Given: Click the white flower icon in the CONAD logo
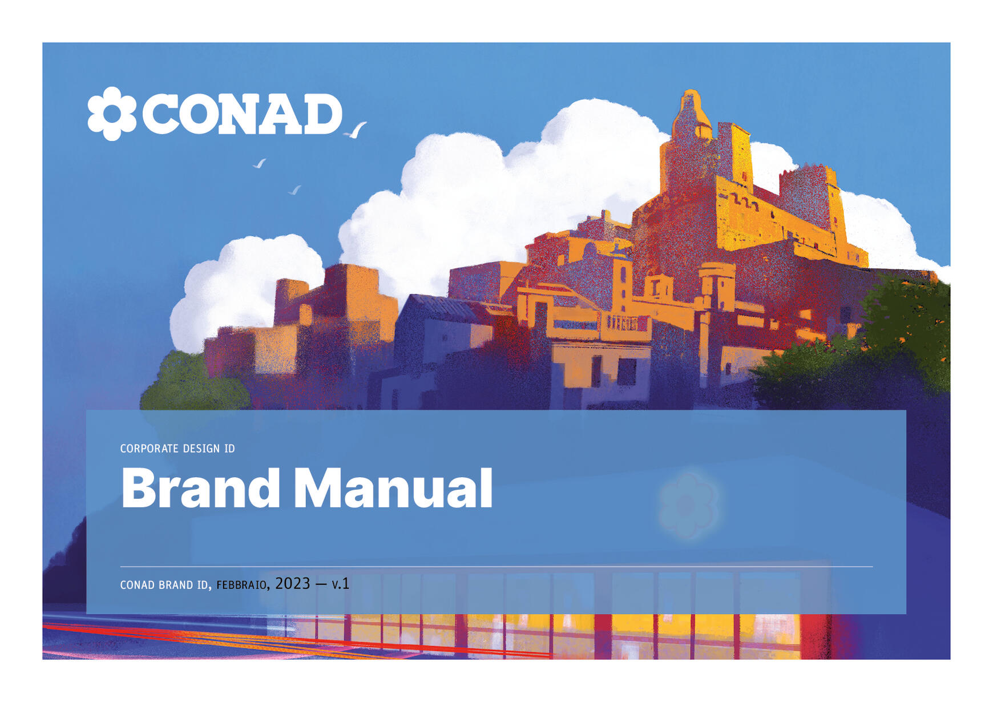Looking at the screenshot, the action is point(112,114).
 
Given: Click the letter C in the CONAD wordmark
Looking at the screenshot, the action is point(160,114).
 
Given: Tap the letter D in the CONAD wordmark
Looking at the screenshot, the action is point(322,114).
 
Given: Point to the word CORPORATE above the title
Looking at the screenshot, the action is point(150,449).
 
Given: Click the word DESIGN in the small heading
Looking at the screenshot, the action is point(201,449).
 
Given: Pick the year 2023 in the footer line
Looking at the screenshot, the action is point(293,583).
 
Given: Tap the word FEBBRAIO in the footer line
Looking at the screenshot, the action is point(241,585).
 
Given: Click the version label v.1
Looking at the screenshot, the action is point(341,584).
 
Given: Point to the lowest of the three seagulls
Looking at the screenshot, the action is point(294,190).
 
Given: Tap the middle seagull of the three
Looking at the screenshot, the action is point(260,163).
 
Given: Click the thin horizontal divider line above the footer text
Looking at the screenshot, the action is point(496,567).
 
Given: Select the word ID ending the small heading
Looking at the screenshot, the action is point(229,449).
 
